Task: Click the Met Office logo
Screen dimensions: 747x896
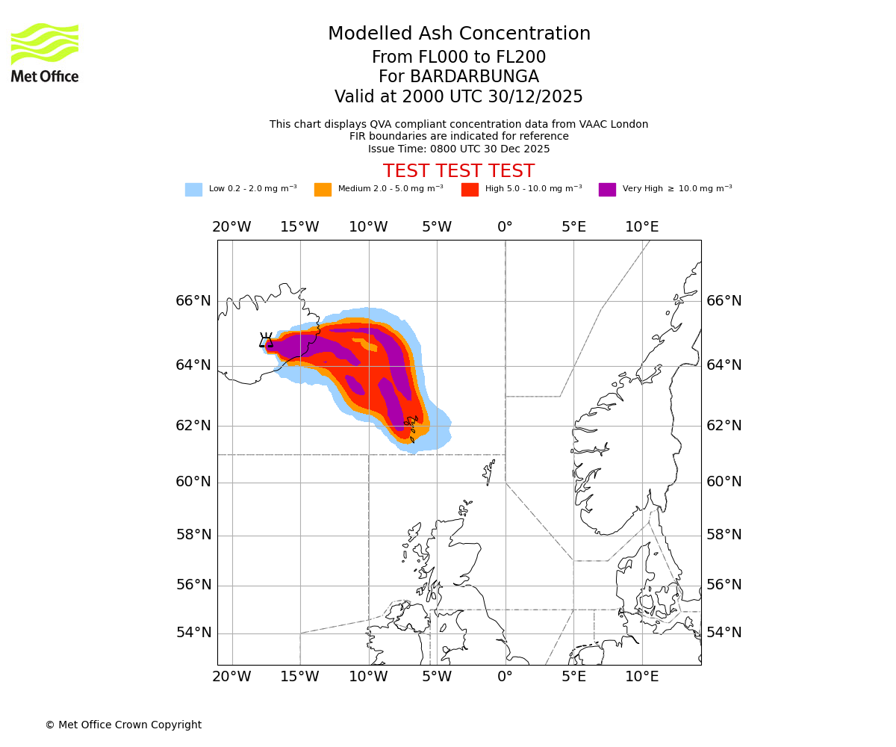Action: [x=45, y=52]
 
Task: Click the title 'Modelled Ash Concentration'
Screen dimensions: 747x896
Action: [x=458, y=34]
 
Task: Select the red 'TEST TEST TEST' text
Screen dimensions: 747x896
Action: [x=458, y=171]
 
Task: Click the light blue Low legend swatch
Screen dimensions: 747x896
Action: [x=193, y=190]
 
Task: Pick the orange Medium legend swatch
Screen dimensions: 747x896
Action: [x=323, y=190]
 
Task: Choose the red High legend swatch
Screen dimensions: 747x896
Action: [x=470, y=190]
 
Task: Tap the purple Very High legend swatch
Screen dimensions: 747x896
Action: [x=607, y=190]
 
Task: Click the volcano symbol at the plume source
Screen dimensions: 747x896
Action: [x=266, y=341]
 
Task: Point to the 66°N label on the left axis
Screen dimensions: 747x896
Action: [x=193, y=301]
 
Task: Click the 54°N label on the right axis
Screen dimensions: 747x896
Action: [x=724, y=633]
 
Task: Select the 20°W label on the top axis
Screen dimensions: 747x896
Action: [x=231, y=227]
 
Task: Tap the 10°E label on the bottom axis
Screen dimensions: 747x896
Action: [x=641, y=677]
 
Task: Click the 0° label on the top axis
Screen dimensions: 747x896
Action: [x=505, y=227]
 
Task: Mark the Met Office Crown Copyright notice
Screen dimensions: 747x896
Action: [x=123, y=725]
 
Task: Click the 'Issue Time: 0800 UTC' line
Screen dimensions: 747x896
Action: [x=458, y=149]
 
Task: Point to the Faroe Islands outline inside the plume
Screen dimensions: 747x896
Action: [x=411, y=427]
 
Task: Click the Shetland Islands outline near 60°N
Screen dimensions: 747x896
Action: [x=489, y=472]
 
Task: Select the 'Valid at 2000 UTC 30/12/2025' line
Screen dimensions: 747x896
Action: [x=458, y=97]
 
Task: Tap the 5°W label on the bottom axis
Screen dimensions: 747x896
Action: [x=436, y=677]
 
